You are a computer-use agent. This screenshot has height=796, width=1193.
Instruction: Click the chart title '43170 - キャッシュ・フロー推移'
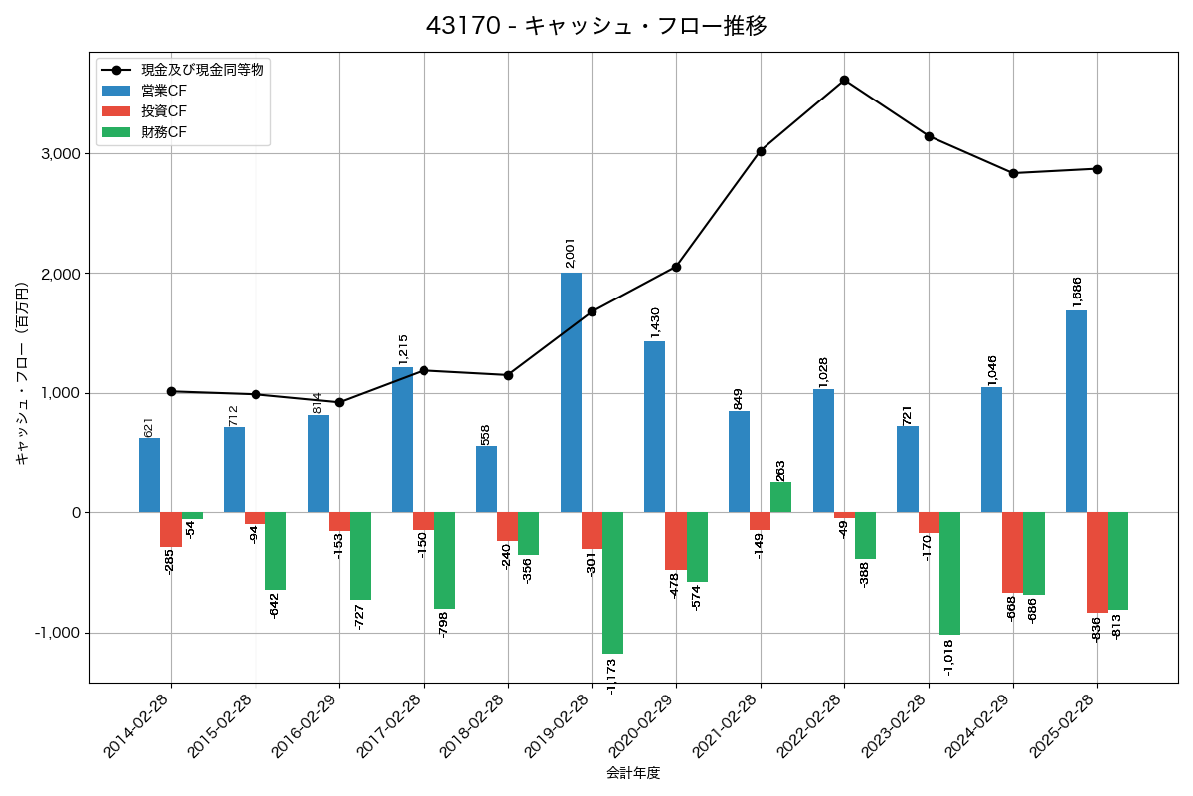(596, 26)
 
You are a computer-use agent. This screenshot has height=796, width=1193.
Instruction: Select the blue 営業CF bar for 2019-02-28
(571, 392)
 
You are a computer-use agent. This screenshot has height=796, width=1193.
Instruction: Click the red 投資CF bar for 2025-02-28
(1097, 562)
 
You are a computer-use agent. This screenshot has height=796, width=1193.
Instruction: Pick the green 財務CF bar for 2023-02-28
(949, 573)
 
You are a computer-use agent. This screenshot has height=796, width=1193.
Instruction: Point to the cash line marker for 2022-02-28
(844, 80)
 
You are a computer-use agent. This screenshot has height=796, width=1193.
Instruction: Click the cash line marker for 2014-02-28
(171, 391)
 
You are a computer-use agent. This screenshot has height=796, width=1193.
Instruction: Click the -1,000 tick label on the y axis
(57, 633)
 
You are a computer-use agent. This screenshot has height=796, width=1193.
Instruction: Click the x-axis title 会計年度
(633, 773)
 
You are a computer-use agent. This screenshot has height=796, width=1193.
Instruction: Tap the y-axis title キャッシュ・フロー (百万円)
(22, 388)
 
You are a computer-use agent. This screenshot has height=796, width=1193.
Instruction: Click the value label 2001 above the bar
(571, 253)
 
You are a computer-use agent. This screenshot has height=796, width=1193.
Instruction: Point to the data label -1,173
(611, 675)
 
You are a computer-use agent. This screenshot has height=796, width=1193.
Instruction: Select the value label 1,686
(1076, 292)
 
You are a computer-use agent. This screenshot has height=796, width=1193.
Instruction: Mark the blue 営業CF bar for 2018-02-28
(486, 479)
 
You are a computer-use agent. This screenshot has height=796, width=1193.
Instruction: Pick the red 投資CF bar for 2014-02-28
(171, 529)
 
